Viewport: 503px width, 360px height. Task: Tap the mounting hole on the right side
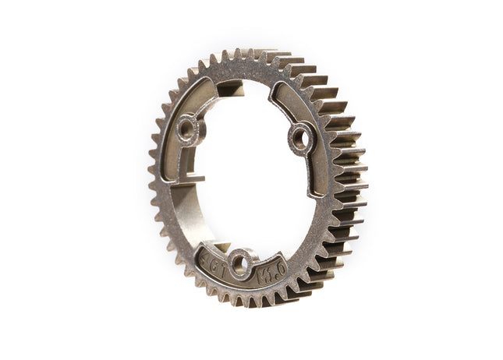(x=299, y=139)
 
